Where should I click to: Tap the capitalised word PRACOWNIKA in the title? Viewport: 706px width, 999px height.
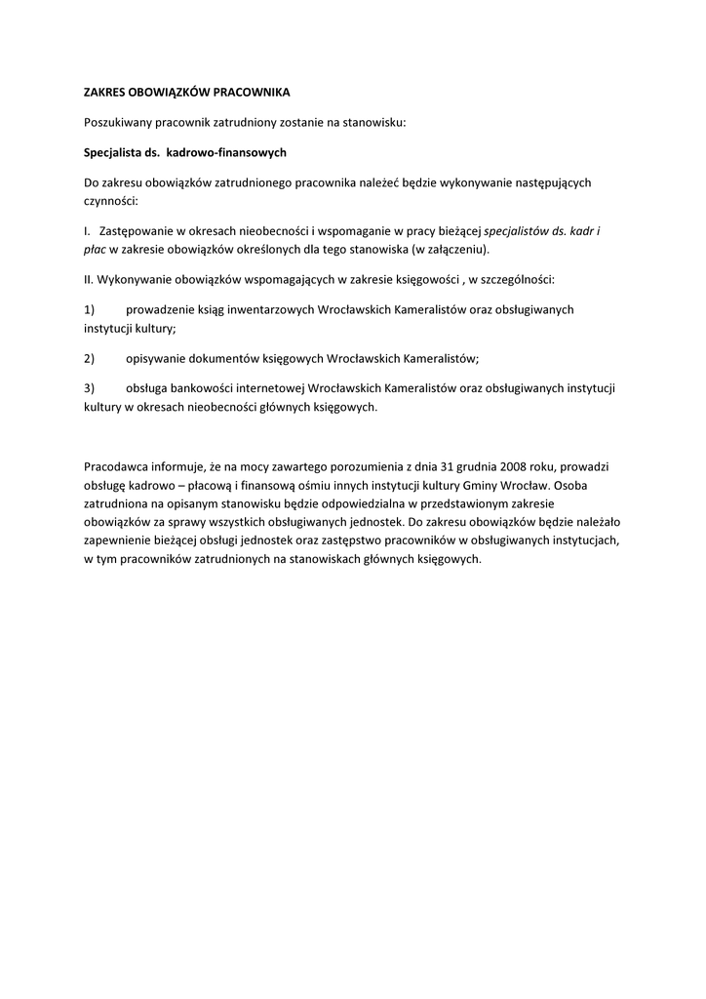pos(251,92)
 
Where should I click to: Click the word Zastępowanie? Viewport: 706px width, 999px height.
pos(137,231)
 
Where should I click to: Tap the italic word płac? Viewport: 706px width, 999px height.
pos(96,249)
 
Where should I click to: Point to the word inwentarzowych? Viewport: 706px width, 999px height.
pos(250,309)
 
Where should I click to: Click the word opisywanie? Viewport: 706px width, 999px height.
pos(159,358)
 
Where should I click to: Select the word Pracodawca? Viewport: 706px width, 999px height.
pos(118,467)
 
